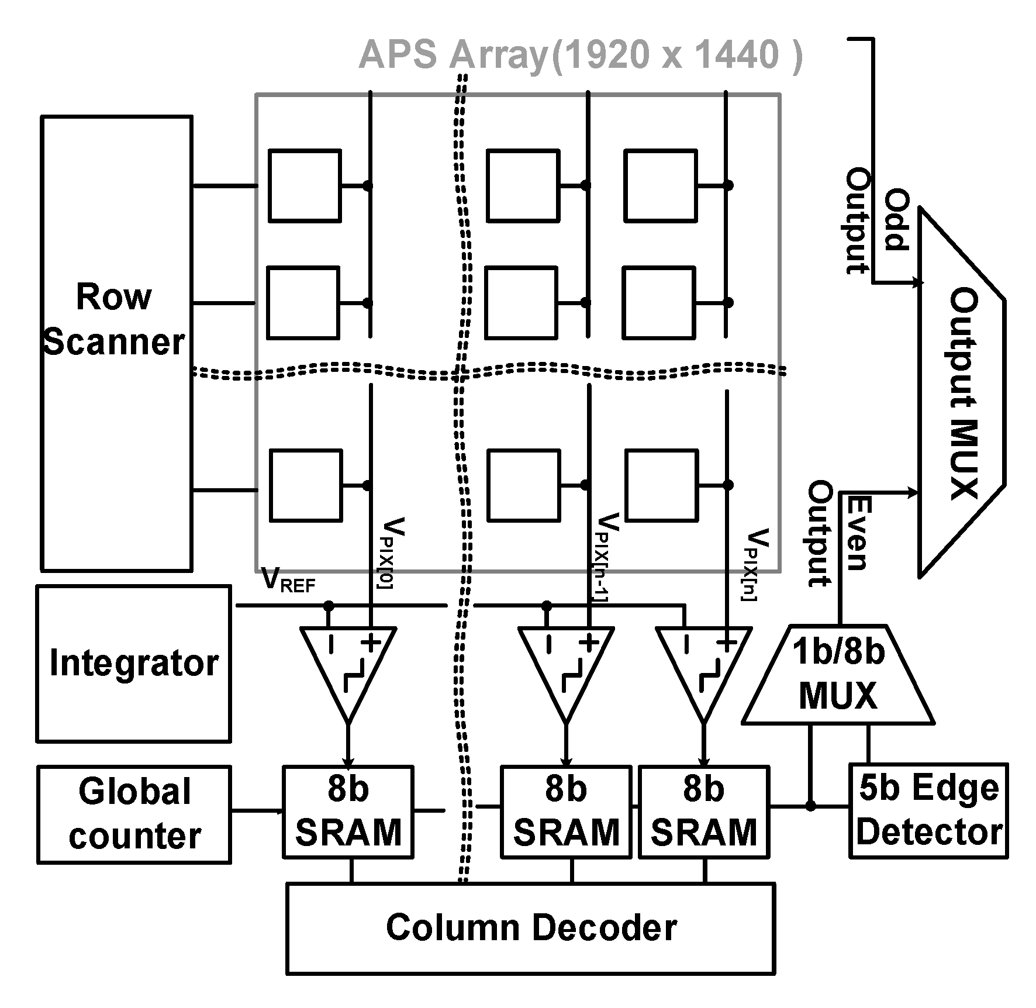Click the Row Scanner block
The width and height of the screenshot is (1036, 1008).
(116, 343)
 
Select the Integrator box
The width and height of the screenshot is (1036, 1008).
(133, 664)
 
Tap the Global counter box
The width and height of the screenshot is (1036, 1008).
(134, 814)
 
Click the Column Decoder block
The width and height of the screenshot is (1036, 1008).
(530, 928)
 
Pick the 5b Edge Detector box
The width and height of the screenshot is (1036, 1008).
(928, 810)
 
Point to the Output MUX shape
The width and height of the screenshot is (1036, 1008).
(962, 393)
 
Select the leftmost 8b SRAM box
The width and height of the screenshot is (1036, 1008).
(348, 812)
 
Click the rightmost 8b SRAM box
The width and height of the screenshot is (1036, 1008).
(704, 812)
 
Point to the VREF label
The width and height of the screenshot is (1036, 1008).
(289, 580)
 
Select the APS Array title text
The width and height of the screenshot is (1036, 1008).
(580, 56)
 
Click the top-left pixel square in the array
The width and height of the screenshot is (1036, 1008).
(305, 186)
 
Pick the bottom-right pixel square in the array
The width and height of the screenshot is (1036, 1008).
(662, 485)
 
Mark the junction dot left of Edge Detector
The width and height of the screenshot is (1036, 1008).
(810, 806)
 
